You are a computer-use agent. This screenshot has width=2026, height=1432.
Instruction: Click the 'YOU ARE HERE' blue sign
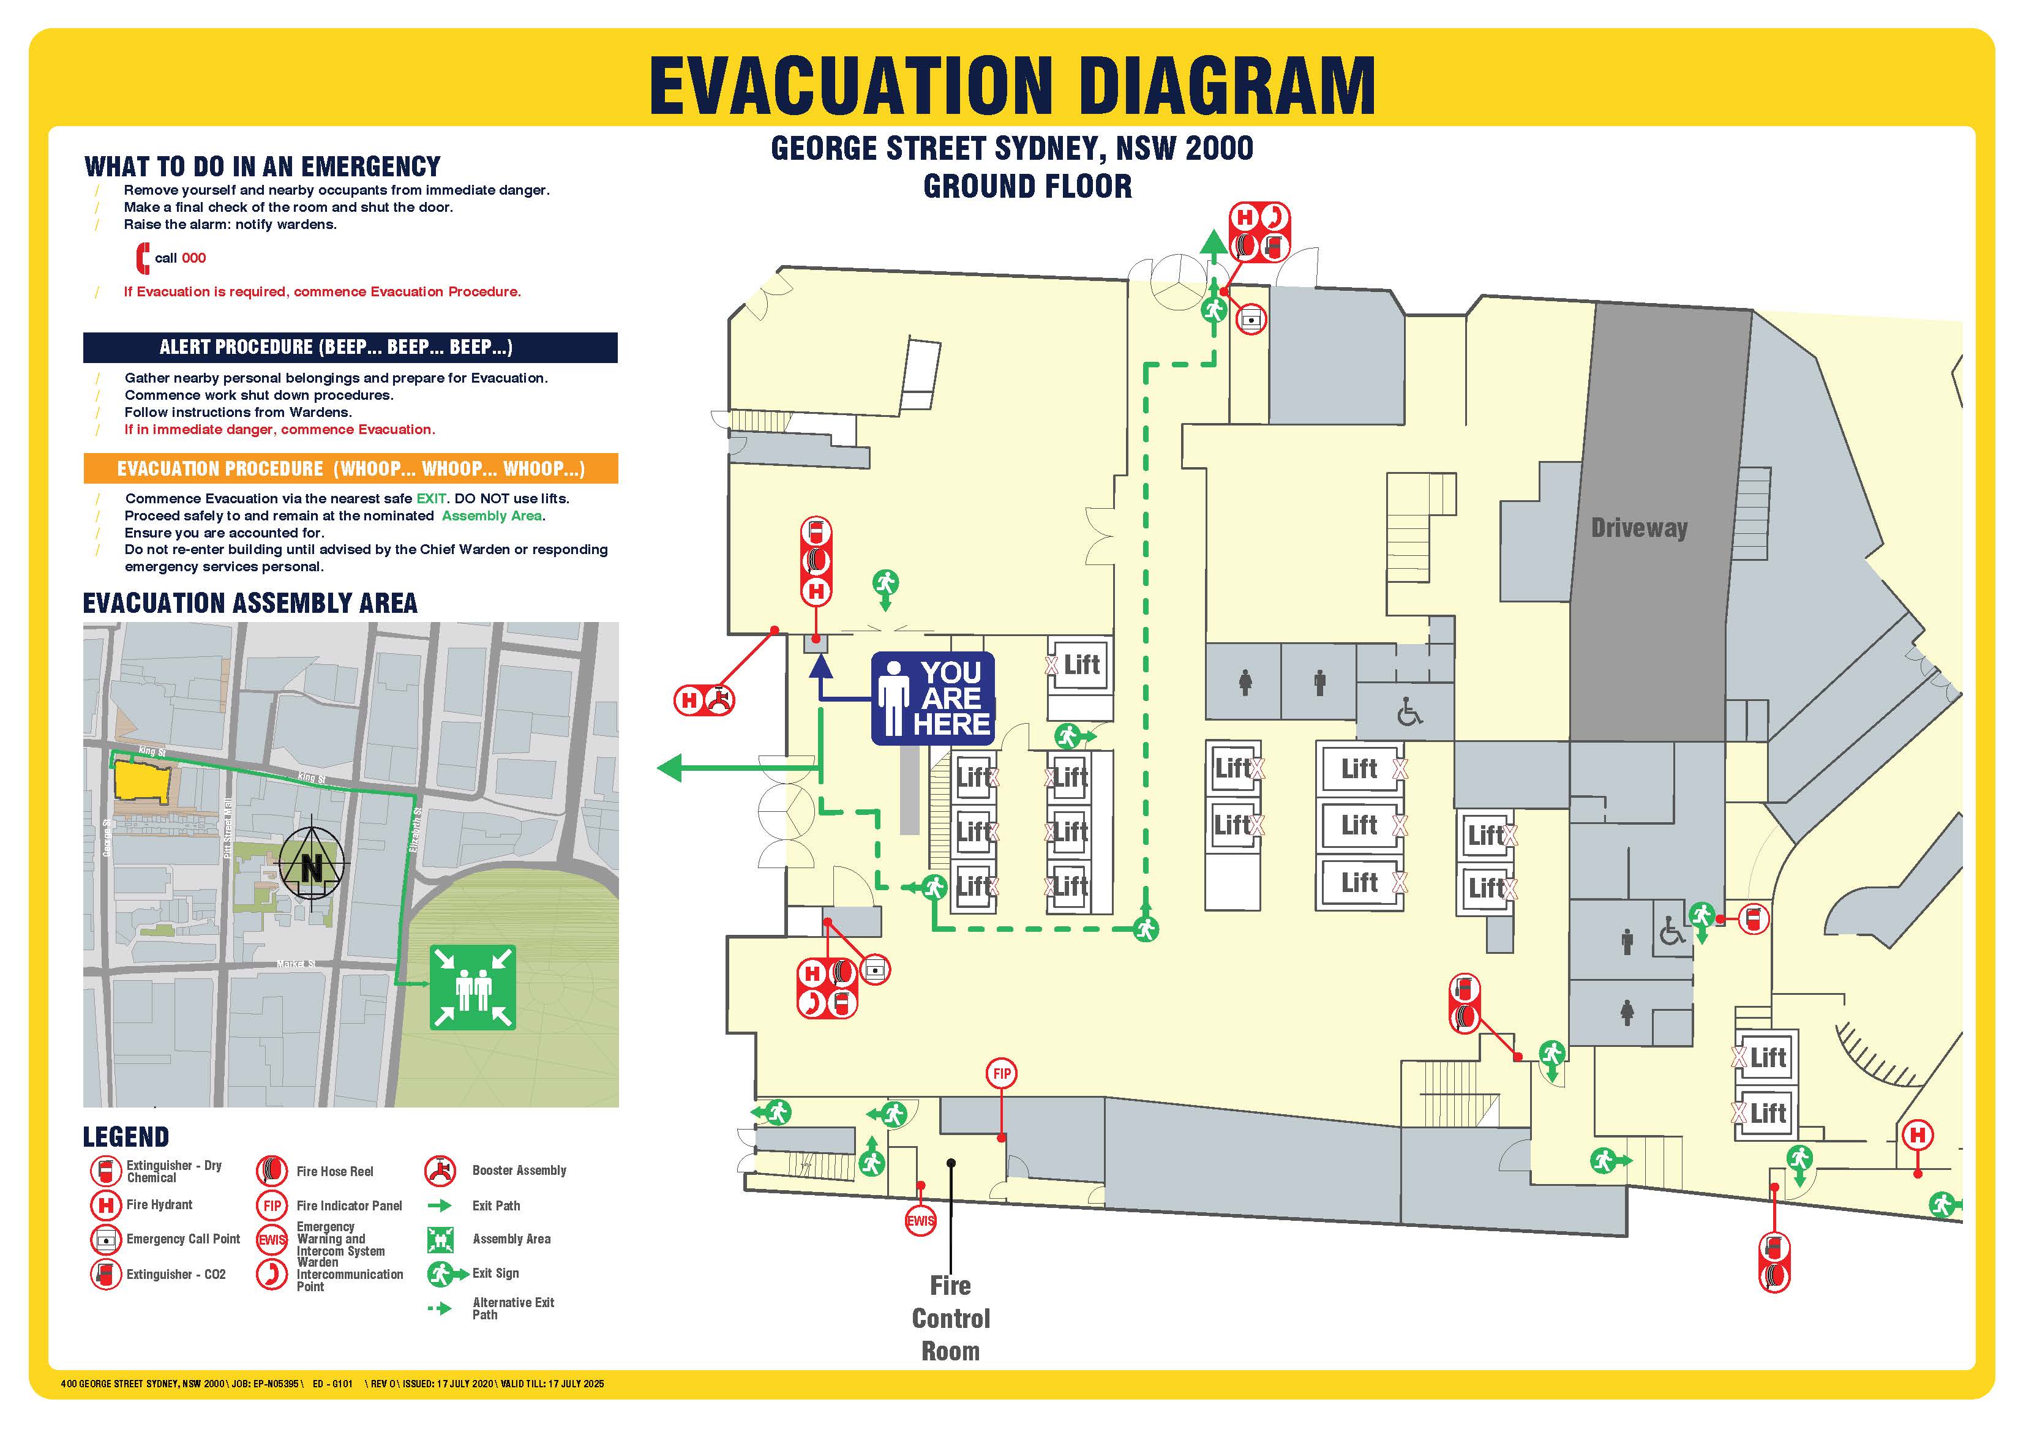pos(932,698)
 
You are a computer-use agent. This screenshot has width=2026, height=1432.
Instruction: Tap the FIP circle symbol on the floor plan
pos(1002,1074)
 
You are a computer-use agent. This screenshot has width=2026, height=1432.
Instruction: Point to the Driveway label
pos(1638,528)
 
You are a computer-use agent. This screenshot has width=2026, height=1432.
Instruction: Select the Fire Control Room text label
pos(950,1318)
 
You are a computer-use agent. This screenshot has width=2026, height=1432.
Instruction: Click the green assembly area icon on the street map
pos(472,988)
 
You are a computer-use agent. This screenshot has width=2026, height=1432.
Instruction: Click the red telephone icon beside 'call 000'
pos(142,258)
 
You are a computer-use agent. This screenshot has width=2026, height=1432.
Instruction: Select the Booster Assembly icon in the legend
pos(440,1171)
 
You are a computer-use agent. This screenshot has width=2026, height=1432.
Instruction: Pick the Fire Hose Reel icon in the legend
pos(272,1171)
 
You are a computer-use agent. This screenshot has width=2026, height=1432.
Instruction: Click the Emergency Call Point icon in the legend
pos(106,1240)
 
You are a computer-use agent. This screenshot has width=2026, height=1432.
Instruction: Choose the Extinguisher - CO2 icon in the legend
pos(106,1275)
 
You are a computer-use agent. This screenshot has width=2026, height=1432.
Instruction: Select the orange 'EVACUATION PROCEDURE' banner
pos(350,468)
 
